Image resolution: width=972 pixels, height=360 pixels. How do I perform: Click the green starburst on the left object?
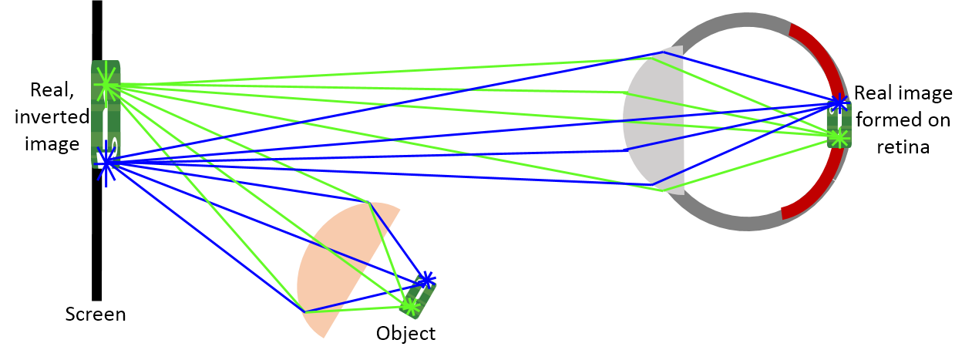tap(106, 84)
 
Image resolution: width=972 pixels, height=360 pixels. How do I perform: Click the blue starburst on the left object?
tap(106, 163)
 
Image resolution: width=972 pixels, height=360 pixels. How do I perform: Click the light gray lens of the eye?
tap(655, 119)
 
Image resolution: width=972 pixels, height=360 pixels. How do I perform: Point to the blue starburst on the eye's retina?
tap(838, 103)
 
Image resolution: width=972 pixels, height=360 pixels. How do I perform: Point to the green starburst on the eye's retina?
tap(839, 137)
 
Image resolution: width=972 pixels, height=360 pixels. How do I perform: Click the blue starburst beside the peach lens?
tap(425, 279)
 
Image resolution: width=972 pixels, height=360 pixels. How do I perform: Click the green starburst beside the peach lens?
tap(409, 306)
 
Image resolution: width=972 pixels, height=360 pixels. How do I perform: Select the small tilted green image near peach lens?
tap(418, 294)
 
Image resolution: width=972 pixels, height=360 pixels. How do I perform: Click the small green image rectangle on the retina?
tap(839, 122)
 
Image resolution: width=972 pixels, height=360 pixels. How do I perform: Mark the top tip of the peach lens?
tap(371, 203)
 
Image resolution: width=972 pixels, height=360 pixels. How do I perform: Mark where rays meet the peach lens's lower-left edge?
tap(305, 311)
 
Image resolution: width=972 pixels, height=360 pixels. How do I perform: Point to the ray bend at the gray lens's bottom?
tap(656, 187)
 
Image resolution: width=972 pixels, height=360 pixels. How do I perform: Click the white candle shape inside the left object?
tap(105, 131)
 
